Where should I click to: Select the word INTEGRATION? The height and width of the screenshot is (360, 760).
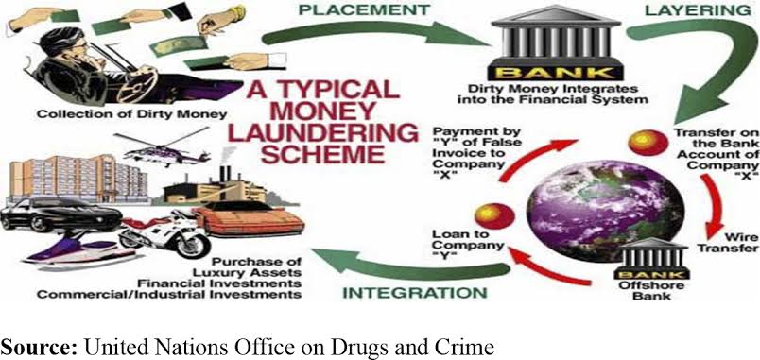point(415,293)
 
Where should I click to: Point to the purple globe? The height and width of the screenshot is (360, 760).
point(604,211)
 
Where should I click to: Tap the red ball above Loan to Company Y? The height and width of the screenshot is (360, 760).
point(493,216)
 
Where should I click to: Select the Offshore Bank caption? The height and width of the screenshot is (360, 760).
point(645,290)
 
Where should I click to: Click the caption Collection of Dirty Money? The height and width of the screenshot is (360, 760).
point(132,114)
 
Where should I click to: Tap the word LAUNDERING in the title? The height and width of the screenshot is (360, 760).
point(323,133)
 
